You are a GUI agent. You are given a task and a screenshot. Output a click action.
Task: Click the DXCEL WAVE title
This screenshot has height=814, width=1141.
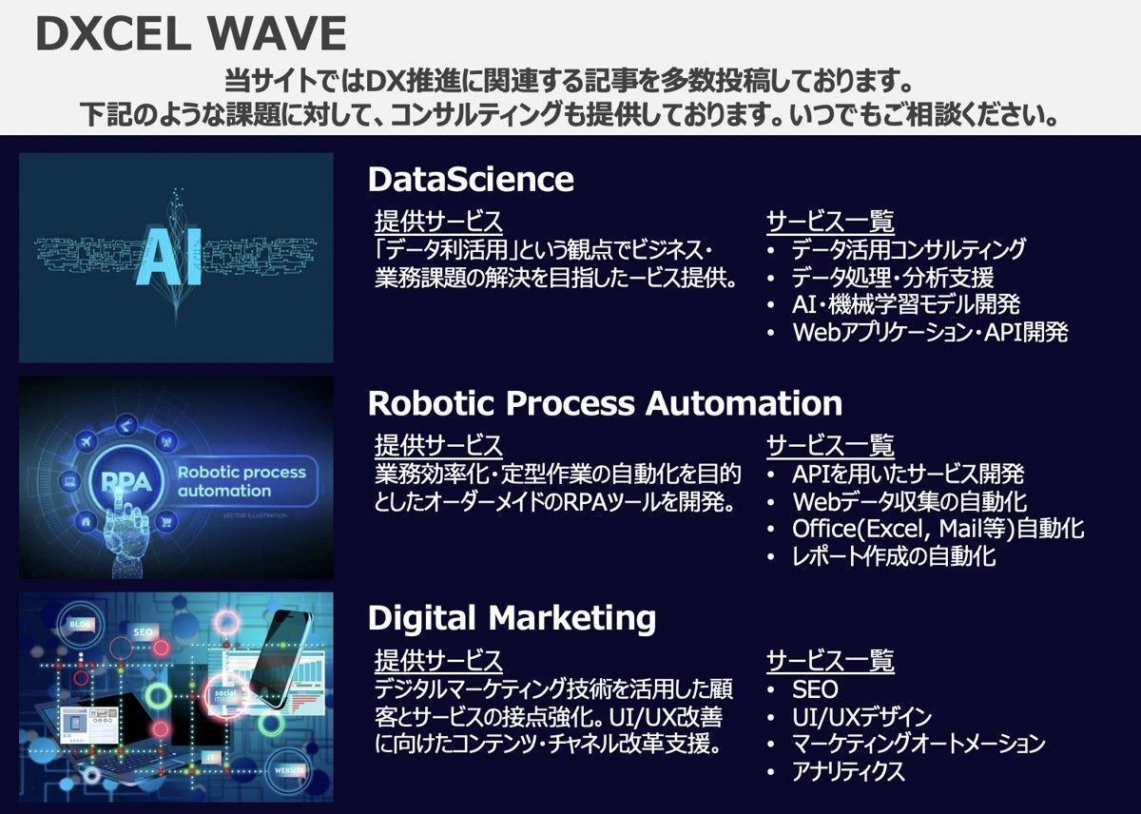[x=191, y=33]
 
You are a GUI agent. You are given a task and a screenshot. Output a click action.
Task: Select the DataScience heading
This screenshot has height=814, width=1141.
[x=471, y=180]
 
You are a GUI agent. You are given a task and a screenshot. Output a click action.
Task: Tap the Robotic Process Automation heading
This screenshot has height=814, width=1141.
[x=605, y=403]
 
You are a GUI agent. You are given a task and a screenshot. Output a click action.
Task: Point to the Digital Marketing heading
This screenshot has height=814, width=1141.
[x=512, y=618]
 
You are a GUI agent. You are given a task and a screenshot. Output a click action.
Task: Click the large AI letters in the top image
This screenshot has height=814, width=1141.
[x=168, y=255]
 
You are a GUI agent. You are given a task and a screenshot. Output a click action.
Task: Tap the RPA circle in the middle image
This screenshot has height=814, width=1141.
[x=126, y=481]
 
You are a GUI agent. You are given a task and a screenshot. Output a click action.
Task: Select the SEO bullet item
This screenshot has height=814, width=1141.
[x=815, y=689]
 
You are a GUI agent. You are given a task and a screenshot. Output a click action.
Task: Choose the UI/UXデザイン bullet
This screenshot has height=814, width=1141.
[x=861, y=717]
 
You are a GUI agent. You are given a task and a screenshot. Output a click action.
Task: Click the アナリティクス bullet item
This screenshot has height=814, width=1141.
[x=848, y=771]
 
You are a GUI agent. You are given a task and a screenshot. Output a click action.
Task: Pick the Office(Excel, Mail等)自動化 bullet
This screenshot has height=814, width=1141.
[x=938, y=529]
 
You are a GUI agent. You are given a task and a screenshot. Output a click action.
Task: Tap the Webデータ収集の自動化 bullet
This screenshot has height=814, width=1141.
[x=909, y=502]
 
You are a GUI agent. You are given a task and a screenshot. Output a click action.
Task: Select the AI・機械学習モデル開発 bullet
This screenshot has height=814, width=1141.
[x=906, y=304]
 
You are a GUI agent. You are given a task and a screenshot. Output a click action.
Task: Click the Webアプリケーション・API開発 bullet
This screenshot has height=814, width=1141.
[x=930, y=332]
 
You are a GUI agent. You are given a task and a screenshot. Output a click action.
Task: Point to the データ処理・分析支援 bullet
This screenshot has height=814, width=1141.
[x=893, y=278]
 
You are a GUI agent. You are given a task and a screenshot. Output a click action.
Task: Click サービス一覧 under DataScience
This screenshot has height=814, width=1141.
[x=830, y=222]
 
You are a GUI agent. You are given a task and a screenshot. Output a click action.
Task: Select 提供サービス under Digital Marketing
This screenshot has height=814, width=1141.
[x=438, y=661]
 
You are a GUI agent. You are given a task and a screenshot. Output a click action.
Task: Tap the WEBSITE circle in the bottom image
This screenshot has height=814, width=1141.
[x=289, y=769]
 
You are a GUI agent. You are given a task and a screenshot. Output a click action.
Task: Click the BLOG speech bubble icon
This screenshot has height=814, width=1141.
[x=81, y=625]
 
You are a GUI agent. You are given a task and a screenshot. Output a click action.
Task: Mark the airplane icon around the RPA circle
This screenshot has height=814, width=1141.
[x=87, y=441]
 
